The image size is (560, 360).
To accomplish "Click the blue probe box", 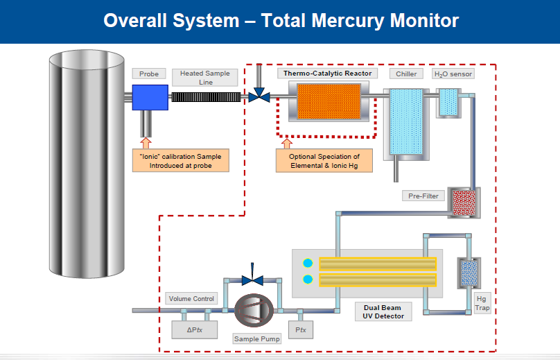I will [150, 97].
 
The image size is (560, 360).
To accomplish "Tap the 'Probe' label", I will [149, 74].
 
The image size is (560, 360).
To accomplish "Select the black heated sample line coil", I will [206, 98].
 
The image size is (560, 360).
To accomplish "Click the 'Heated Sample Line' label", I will [204, 78].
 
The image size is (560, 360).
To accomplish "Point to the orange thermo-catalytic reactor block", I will [329, 101].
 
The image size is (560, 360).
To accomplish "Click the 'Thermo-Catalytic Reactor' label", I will [328, 74].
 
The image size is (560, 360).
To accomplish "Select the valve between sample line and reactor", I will [259, 95].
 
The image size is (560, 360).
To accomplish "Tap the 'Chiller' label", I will [406, 74].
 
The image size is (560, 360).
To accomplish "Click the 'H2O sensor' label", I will [453, 74].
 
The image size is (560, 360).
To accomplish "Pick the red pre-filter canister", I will [460, 200].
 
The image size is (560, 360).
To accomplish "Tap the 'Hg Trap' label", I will [482, 302].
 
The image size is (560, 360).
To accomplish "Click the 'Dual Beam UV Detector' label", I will [383, 311].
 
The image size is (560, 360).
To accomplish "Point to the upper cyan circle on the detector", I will [308, 263].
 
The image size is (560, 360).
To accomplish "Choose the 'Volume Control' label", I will [192, 299].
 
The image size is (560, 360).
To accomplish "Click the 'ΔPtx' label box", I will [193, 329].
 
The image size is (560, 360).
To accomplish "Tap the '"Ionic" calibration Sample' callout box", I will [181, 161].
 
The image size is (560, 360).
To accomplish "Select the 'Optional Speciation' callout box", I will [324, 161].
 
